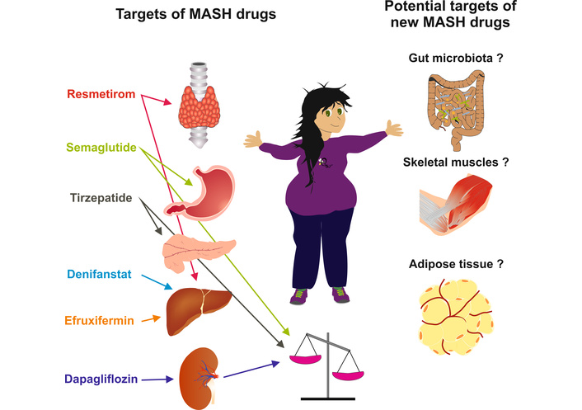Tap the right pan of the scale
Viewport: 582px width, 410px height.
point(348,375)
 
